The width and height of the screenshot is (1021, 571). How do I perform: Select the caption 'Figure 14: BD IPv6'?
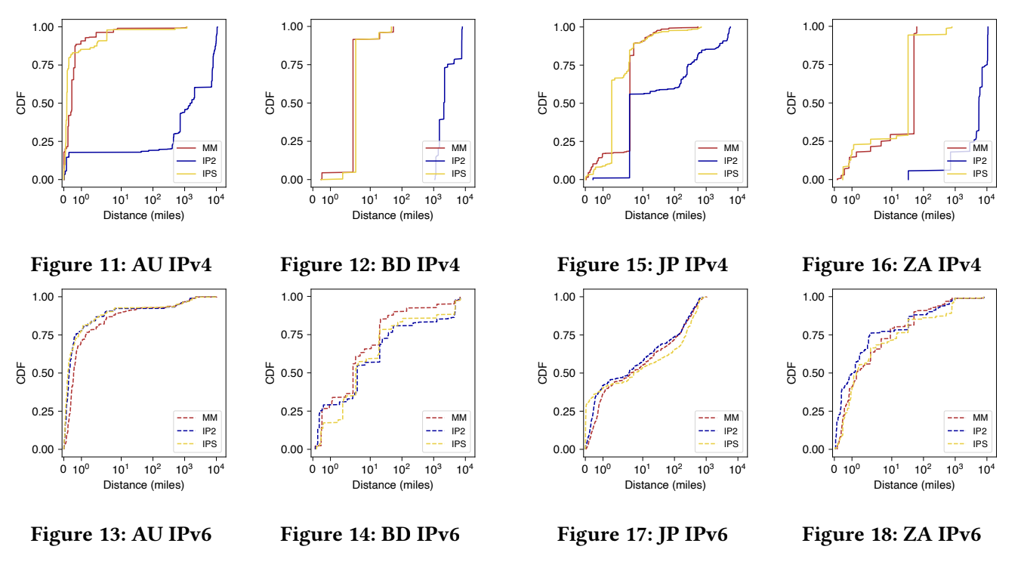click(x=370, y=536)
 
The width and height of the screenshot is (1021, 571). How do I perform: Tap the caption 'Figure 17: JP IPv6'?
click(x=643, y=536)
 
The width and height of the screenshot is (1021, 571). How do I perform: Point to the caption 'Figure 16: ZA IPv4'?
click(x=891, y=265)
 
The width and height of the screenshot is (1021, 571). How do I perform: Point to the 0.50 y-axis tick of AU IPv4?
click(x=42, y=103)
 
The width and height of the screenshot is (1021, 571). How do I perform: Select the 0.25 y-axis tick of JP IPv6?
click(x=563, y=411)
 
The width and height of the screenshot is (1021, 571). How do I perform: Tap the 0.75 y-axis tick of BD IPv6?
click(x=291, y=335)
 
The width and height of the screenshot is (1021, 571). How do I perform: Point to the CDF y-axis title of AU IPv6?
click(x=22, y=373)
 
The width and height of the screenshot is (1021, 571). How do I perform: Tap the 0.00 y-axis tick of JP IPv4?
click(x=563, y=180)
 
